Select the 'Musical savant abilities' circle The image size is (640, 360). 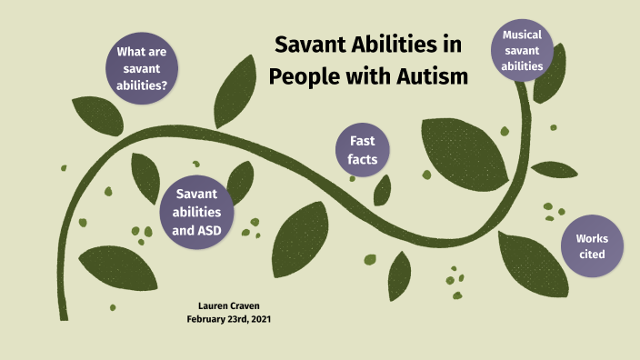pos(522,50)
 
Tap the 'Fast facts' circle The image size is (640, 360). pos(355,150)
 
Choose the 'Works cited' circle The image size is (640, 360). pos(592,245)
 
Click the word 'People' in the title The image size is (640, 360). pos(305,76)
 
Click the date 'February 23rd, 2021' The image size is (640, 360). pos(229,319)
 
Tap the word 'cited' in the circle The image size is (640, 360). pos(592,255)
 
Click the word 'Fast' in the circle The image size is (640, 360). pos(355,141)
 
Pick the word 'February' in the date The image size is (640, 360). pos(206,319)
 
